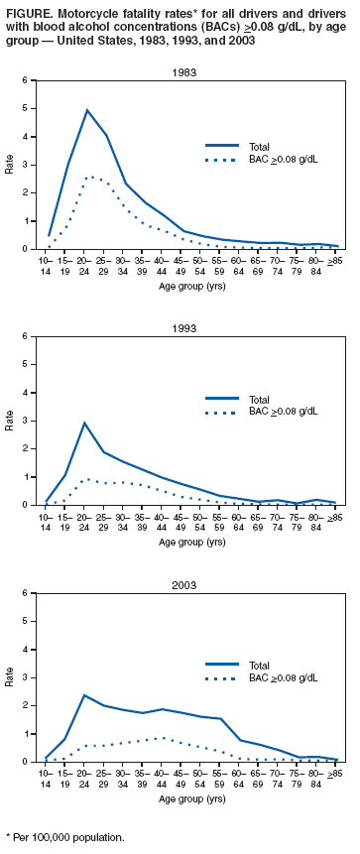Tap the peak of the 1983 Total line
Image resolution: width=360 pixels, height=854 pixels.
click(x=87, y=110)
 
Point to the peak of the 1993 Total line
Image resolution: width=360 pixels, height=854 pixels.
click(x=85, y=423)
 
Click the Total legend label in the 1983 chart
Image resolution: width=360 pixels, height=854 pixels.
click(x=261, y=147)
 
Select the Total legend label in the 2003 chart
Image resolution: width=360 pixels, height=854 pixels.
click(x=261, y=665)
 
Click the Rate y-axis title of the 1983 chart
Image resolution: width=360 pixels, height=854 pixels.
click(x=10, y=165)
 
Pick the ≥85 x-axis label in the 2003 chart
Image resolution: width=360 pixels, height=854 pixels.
click(x=336, y=771)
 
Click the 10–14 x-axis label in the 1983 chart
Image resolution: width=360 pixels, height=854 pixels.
click(x=47, y=263)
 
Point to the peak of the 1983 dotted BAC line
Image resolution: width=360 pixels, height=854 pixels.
click(x=90, y=178)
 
